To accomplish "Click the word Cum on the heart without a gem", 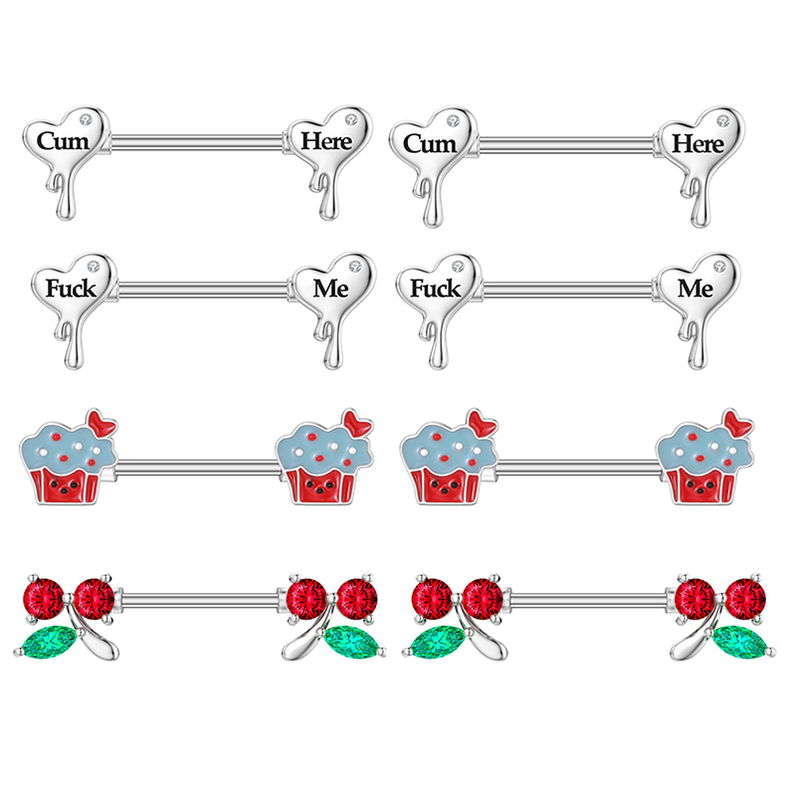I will point(61,141).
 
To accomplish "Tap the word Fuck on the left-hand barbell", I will point(72,290).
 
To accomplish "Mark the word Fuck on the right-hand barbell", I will point(436,290).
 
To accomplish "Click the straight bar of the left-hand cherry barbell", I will point(199,600).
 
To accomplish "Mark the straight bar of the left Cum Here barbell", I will point(199,142).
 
